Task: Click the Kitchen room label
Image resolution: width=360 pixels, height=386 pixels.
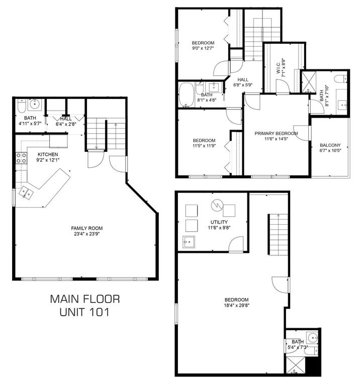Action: pos(48,154)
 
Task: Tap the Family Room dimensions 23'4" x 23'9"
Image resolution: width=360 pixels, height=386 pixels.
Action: pos(86,234)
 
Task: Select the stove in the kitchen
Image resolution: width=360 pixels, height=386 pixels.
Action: pos(22,158)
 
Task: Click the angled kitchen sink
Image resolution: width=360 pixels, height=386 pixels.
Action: pos(26,193)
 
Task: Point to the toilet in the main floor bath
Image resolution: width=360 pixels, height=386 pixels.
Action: pos(22,106)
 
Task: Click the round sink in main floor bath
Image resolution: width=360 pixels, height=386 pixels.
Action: pos(35,105)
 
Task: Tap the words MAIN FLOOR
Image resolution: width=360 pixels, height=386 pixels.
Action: pos(85,299)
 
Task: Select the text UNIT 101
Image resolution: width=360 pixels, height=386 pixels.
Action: pos(84,312)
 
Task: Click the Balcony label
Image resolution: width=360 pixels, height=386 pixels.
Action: pos(330,145)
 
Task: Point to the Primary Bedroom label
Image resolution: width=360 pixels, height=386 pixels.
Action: pos(276,133)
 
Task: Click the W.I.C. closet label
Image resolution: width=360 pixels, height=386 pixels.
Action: pos(278,68)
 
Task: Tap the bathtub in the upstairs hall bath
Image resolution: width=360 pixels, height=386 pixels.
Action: pos(187,95)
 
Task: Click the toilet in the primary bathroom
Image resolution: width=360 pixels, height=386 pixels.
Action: pos(340,79)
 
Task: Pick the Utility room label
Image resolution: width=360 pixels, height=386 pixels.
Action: pos(219,222)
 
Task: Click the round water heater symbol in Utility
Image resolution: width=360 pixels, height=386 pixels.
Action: pos(217,205)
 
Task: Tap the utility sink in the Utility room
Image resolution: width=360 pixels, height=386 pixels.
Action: pos(189,242)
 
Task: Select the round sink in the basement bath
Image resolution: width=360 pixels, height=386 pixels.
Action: pos(312,338)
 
